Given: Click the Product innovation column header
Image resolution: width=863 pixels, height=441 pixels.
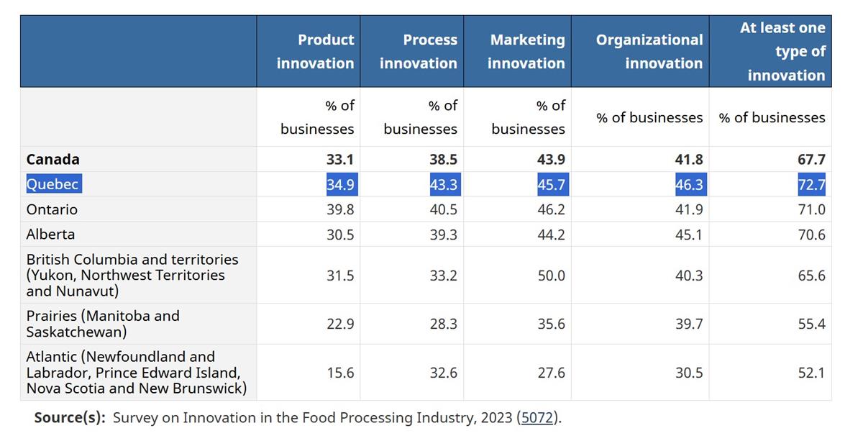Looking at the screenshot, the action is point(315,51).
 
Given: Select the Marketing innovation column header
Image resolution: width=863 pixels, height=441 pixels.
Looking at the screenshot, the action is point(526,51).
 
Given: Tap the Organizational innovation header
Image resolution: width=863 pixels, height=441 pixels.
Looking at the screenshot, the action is point(649,51).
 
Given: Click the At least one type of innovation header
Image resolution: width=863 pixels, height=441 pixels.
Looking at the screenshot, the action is point(783,51).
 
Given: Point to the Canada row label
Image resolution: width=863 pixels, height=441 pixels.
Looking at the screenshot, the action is point(52,159).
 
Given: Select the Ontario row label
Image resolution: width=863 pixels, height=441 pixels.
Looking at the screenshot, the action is point(52,209).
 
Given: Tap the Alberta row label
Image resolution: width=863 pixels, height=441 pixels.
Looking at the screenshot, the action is point(50,235).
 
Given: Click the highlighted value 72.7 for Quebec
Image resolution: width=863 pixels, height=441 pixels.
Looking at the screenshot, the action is point(812,184).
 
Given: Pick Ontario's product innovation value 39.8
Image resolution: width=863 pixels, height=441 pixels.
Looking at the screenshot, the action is point(340,209).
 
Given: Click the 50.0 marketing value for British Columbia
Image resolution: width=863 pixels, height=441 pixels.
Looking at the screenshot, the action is point(552,276).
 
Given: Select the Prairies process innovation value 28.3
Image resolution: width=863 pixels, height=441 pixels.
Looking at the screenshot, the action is point(444,324).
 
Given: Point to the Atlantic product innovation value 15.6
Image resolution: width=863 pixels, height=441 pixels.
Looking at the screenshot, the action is point(340,373).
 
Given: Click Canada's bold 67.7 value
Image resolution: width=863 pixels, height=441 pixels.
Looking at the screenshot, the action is point(812,159).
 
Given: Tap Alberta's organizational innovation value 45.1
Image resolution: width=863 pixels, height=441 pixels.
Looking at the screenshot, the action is point(689,235).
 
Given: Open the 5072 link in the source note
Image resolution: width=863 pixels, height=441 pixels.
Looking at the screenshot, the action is point(537,417).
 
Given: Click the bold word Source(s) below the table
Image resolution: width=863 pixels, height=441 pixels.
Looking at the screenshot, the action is point(70,417).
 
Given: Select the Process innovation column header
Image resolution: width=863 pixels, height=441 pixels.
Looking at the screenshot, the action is point(419,51).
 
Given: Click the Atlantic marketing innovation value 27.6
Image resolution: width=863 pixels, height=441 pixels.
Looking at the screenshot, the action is point(552,373).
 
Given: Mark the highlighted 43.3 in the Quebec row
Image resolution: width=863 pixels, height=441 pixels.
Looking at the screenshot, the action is point(445,184).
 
